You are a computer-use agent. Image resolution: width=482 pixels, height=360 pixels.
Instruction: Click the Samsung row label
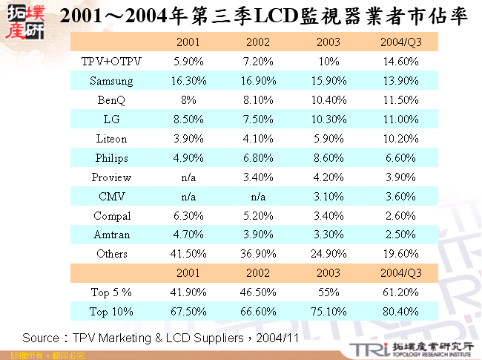pyautogui.click(x=111, y=80)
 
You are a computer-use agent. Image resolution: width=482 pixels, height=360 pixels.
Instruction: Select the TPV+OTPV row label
pyautogui.click(x=111, y=61)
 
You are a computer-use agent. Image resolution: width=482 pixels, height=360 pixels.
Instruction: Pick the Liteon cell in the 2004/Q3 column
pyautogui.click(x=400, y=138)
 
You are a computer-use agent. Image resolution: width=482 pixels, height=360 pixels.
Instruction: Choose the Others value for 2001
pyautogui.click(x=184, y=254)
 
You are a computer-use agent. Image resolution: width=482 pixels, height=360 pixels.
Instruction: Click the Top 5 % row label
pyautogui.click(x=111, y=293)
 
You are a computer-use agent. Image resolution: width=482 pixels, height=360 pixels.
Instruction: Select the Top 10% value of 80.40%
pyautogui.click(x=400, y=312)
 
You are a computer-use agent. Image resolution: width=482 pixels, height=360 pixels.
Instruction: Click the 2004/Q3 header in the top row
pyautogui.click(x=400, y=42)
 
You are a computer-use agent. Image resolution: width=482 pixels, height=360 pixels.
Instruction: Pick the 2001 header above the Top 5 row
pyautogui.click(x=184, y=273)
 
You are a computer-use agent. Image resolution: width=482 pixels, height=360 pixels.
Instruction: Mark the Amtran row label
pyautogui.click(x=111, y=235)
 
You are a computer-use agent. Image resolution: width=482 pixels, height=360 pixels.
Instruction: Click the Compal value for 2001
pyautogui.click(x=184, y=216)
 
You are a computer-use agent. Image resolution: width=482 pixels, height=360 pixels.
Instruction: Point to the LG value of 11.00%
pyautogui.click(x=400, y=119)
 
